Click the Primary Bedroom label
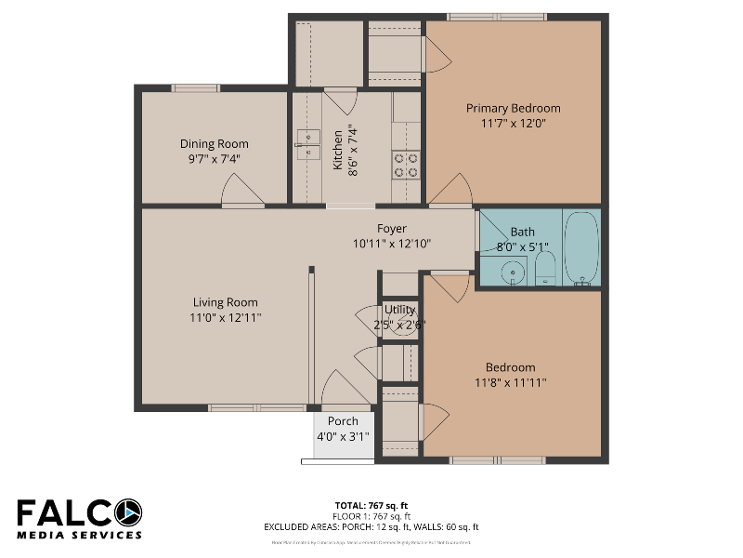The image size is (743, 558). tap(513, 108)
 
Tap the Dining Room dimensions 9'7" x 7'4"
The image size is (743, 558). tap(214, 159)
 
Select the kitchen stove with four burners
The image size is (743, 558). tap(406, 165)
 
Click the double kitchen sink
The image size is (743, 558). tap(307, 141)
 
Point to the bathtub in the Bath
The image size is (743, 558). tap(582, 248)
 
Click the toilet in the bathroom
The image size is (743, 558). tap(545, 269)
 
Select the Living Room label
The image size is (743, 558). tap(225, 302)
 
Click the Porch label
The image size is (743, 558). tap(343, 421)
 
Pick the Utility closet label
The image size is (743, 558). tap(399, 310)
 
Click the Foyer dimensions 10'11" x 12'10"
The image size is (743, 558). tap(392, 244)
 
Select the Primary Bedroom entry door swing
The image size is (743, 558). tap(450, 191)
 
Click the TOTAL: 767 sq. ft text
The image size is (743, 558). tap(371, 507)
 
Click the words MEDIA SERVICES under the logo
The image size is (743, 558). tap(79, 535)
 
